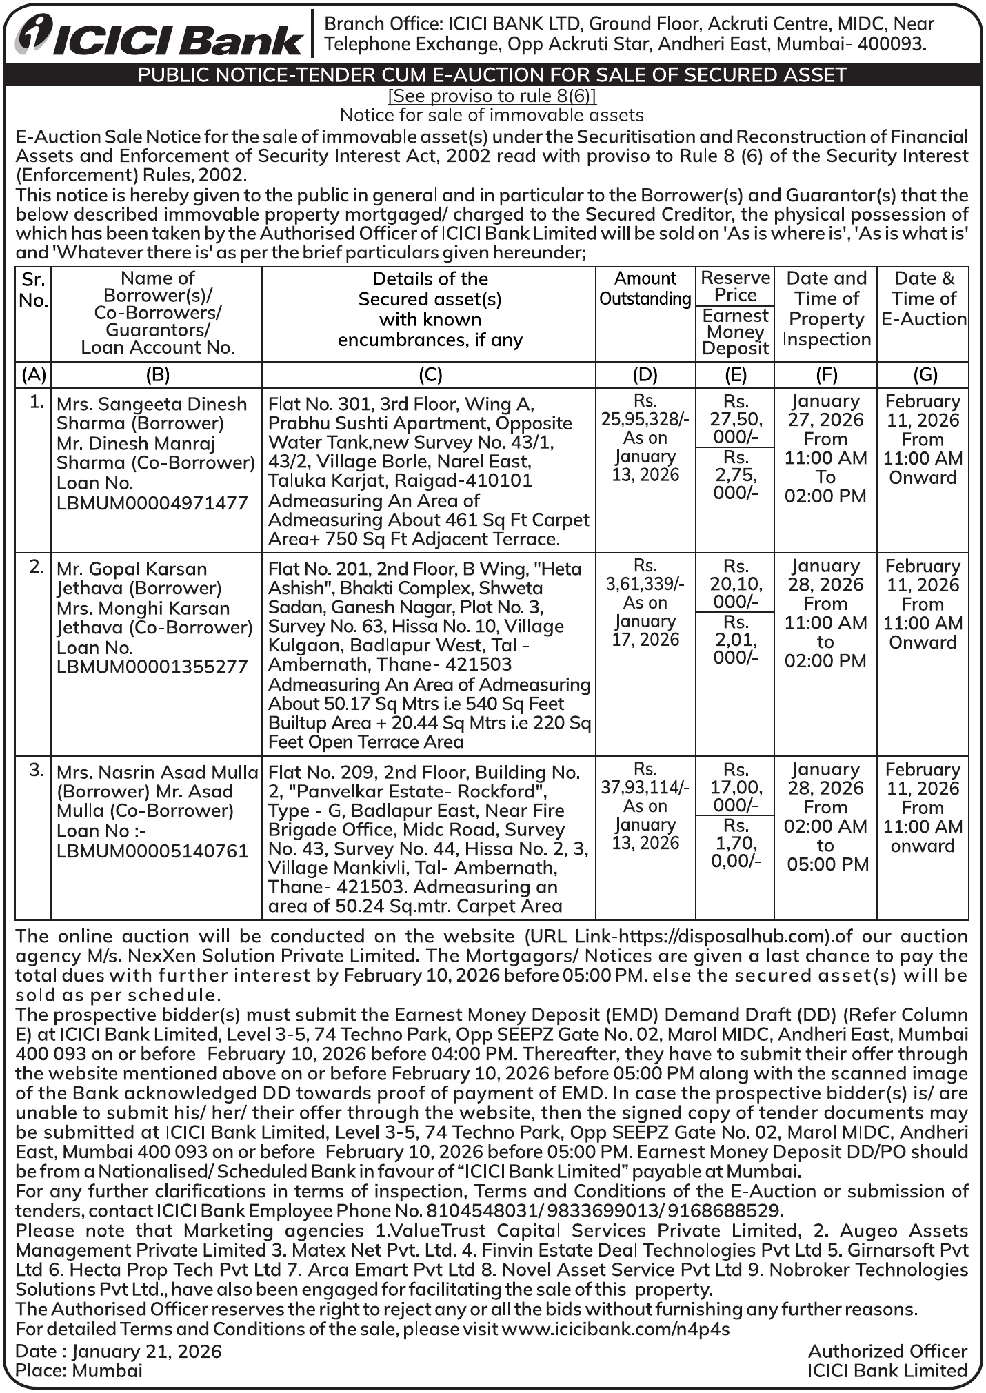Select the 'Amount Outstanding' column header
click(x=645, y=289)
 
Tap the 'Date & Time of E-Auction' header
click(x=923, y=298)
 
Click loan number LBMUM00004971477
click(x=152, y=503)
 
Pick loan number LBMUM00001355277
click(x=152, y=667)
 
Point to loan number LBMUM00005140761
click(x=152, y=851)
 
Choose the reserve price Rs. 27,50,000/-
click(x=736, y=419)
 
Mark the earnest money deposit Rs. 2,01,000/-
click(x=736, y=639)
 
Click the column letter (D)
click(x=645, y=375)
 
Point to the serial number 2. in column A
click(x=37, y=567)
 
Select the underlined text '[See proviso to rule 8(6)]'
click(x=492, y=96)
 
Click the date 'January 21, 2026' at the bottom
click(x=147, y=1352)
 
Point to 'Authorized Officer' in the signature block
click(x=887, y=1352)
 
